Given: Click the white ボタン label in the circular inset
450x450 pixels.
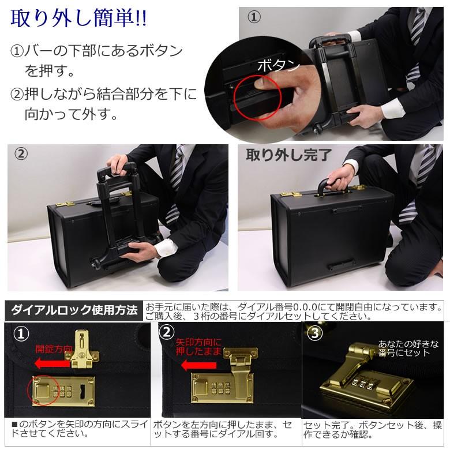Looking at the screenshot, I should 278,65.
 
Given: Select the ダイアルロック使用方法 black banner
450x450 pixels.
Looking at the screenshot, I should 74,310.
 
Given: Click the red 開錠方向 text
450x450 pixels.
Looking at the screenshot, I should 54,348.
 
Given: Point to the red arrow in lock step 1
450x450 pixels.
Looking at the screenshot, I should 52,363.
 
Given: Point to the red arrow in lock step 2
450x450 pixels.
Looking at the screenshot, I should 198,365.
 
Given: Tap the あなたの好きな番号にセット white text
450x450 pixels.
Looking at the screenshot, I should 404,348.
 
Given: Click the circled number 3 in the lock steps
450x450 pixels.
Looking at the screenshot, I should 315,334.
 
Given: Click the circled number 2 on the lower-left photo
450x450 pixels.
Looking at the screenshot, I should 21,154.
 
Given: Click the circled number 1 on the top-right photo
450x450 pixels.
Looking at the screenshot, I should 254,17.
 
